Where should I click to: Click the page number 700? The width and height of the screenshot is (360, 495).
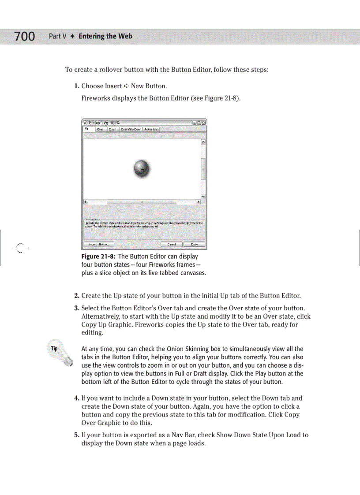pyautogui.click(x=24, y=36)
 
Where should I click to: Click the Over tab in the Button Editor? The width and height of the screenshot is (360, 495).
pyautogui.click(x=100, y=130)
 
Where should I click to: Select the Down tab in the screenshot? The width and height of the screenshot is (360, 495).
pyautogui.click(x=112, y=130)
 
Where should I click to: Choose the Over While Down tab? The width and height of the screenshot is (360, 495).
pyautogui.click(x=131, y=130)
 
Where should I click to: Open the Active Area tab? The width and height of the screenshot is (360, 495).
pyautogui.click(x=151, y=130)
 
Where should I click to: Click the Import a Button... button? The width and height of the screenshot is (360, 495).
pyautogui.click(x=98, y=244)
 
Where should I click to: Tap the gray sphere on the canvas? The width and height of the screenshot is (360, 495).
pyautogui.click(x=142, y=169)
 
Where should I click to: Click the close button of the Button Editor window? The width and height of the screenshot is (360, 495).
pyautogui.click(x=203, y=123)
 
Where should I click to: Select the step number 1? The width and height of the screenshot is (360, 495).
pyautogui.click(x=77, y=86)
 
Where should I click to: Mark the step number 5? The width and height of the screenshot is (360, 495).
pyautogui.click(x=77, y=435)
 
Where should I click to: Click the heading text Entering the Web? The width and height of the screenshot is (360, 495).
pyautogui.click(x=105, y=36)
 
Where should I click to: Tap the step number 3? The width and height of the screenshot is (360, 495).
pyautogui.click(x=77, y=308)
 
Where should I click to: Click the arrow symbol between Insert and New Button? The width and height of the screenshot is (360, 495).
pyautogui.click(x=126, y=86)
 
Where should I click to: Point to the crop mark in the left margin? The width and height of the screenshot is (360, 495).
pyautogui.click(x=20, y=247)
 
